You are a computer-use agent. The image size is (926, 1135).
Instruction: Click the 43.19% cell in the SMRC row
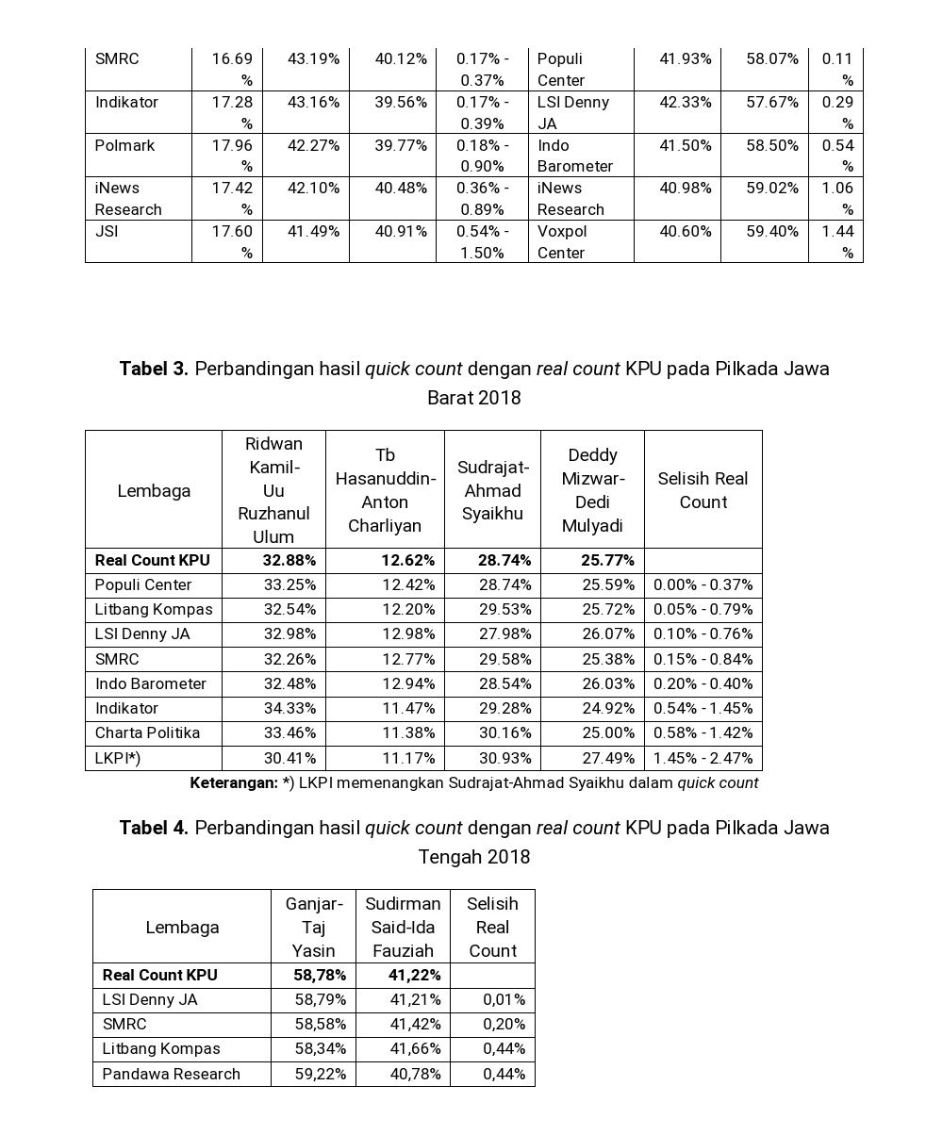coord(313,58)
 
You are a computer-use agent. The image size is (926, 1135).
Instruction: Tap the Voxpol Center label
coord(562,241)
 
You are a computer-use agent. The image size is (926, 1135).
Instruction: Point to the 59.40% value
coord(772,231)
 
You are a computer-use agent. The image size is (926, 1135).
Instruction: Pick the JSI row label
coord(107,231)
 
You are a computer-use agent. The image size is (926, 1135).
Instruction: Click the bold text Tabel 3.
coord(154,369)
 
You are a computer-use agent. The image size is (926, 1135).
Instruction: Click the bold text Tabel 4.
coord(154,828)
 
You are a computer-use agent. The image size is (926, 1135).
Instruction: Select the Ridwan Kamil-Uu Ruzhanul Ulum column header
coord(273,489)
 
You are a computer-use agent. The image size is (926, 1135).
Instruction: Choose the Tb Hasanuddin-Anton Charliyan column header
coord(385,489)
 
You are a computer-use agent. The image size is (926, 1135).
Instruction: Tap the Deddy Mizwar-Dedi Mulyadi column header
coord(592,490)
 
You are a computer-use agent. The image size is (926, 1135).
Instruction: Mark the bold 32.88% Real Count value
coord(289,560)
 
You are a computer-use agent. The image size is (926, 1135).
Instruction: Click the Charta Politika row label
coord(147,732)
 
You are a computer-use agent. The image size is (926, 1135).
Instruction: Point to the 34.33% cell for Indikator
coord(289,708)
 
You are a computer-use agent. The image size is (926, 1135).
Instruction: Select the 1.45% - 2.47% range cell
coord(703,758)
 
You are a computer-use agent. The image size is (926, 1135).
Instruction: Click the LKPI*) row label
coord(117,758)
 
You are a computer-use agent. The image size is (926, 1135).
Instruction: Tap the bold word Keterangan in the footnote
coord(233,782)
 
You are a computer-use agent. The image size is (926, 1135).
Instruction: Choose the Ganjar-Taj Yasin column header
coord(313,927)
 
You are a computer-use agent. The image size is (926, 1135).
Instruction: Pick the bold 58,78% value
coord(320,975)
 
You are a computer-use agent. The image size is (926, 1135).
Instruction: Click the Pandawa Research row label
coord(171,1074)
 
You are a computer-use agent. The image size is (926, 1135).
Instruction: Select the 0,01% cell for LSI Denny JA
coord(504,999)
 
